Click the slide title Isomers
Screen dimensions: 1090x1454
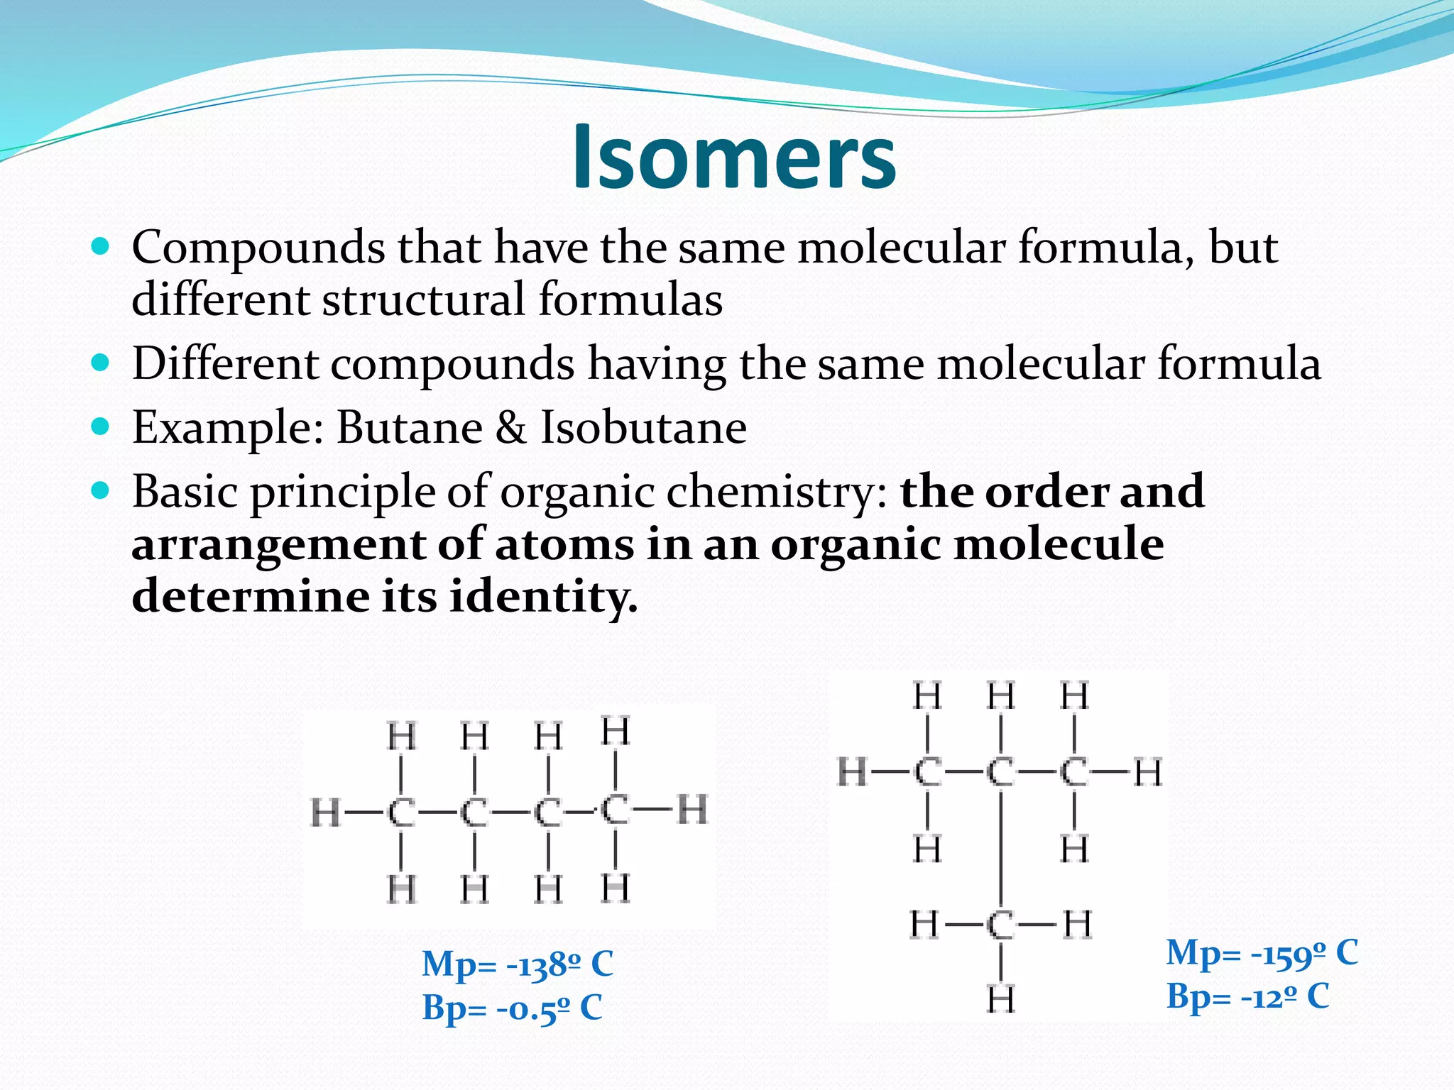pos(734,157)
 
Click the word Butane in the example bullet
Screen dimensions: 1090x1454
pos(410,428)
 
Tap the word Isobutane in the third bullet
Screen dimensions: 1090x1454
pos(643,428)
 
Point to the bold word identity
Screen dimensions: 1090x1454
pos(543,596)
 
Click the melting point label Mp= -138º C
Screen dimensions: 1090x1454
pos(518,964)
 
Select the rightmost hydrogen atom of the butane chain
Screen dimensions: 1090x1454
pos(692,809)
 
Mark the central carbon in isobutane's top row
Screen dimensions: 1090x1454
pos(1001,772)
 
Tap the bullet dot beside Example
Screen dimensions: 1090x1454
pos(101,426)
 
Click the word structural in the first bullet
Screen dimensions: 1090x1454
pos(423,299)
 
